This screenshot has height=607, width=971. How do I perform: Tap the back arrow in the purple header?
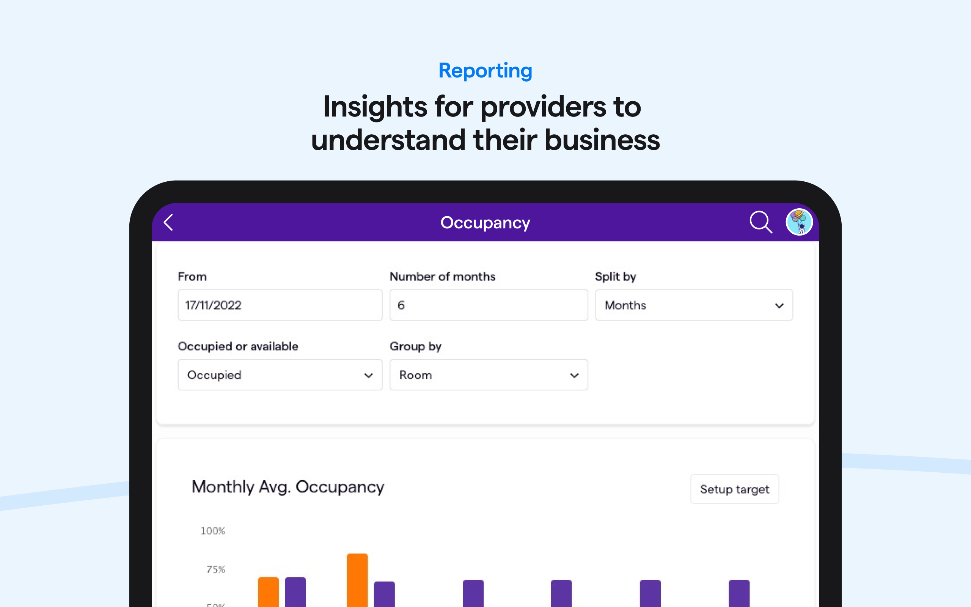click(x=168, y=222)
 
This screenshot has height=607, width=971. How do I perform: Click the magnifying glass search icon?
click(x=760, y=222)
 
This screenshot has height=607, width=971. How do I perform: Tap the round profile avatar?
click(x=799, y=222)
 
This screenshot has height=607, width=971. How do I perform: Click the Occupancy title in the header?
click(x=485, y=223)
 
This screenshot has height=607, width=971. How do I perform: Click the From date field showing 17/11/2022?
click(x=280, y=305)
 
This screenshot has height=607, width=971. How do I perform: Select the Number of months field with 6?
click(x=488, y=305)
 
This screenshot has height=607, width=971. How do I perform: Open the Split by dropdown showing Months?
click(x=694, y=305)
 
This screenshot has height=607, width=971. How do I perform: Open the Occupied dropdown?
click(x=280, y=375)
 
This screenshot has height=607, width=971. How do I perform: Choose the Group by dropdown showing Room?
click(x=488, y=375)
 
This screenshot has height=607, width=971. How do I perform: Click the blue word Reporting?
click(x=485, y=71)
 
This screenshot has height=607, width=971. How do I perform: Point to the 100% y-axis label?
click(x=213, y=531)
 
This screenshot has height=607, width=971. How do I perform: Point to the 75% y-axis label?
click(x=215, y=569)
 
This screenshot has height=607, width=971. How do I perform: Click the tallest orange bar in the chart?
click(x=357, y=580)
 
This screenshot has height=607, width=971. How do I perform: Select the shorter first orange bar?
click(x=268, y=592)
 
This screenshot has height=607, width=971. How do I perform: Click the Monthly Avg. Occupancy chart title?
click(x=288, y=487)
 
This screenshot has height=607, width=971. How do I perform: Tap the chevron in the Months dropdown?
click(x=779, y=306)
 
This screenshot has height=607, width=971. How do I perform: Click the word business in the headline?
click(x=602, y=140)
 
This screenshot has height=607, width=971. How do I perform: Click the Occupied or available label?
click(x=238, y=346)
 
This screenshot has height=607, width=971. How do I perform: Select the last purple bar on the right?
click(x=739, y=593)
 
